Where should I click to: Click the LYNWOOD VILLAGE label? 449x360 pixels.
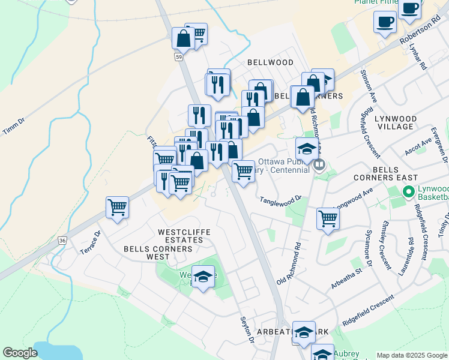[395, 122]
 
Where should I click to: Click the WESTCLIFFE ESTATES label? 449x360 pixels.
[181, 236]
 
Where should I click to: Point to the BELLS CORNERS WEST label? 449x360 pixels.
[147, 253]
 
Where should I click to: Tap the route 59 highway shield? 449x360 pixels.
[179, 57]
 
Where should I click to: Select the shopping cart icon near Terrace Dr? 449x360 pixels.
[117, 208]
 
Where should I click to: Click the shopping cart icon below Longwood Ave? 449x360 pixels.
[328, 218]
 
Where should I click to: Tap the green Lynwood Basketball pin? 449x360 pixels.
[409, 193]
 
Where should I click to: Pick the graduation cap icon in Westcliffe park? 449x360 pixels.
[203, 277]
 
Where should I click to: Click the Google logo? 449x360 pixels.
[20, 353]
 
